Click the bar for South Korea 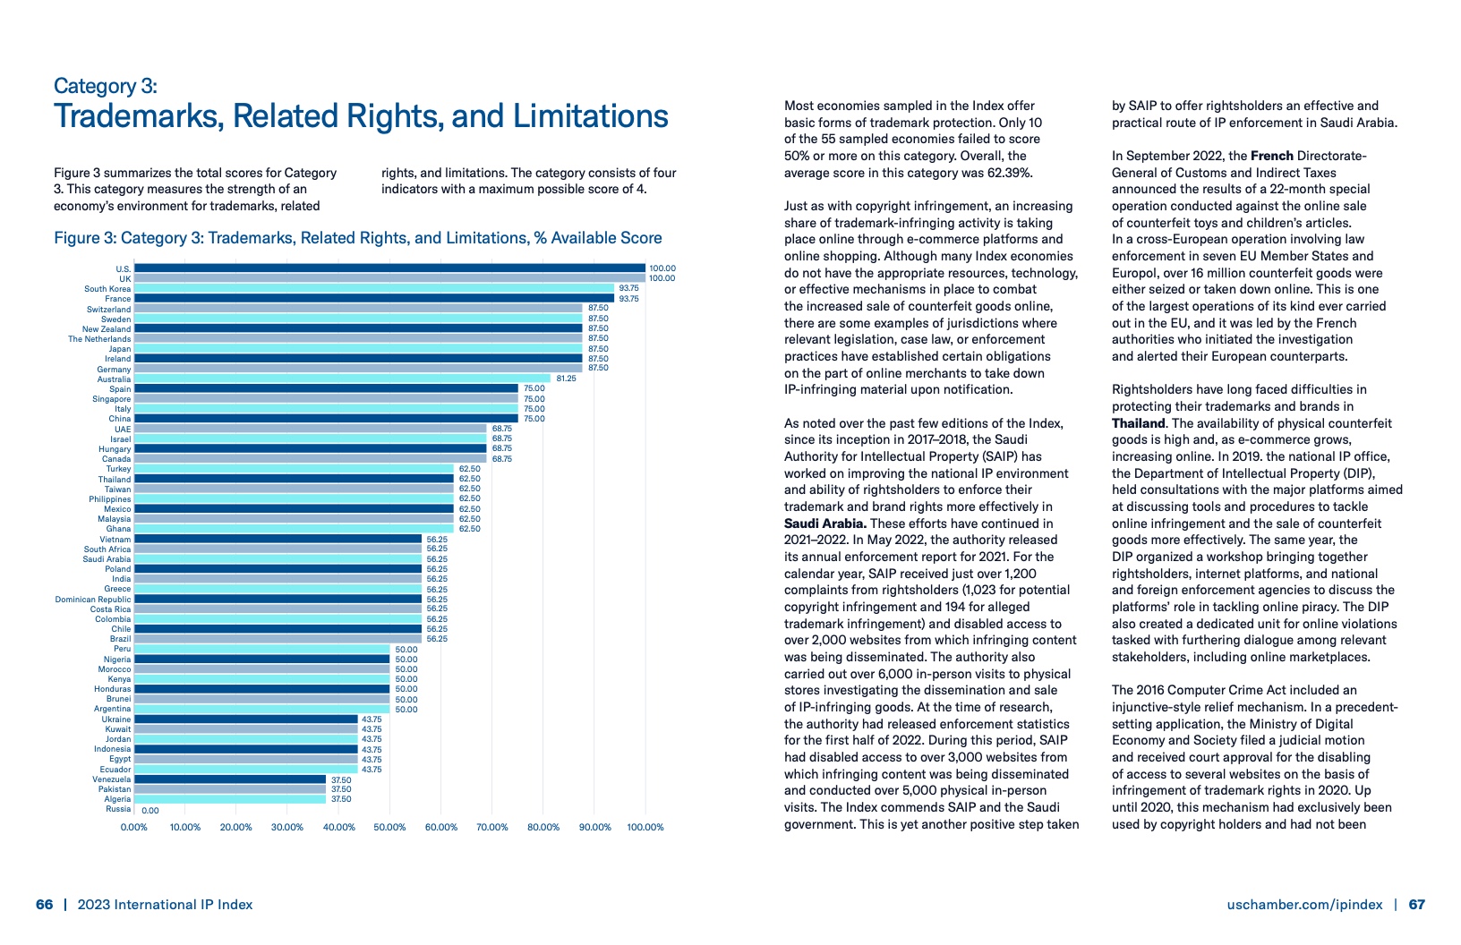(x=373, y=288)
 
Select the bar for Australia (x=342, y=379)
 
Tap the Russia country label (x=118, y=809)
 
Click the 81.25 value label (x=567, y=379)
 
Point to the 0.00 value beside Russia (x=150, y=811)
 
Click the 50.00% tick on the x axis (x=389, y=827)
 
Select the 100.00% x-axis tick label (x=645, y=827)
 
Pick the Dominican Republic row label (x=93, y=600)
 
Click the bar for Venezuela (x=230, y=779)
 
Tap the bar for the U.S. (x=389, y=268)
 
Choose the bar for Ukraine (x=246, y=719)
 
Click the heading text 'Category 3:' (x=106, y=86)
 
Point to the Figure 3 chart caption (x=358, y=238)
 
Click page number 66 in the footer (x=45, y=905)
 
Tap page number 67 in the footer (x=1417, y=905)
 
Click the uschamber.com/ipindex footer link (x=1304, y=905)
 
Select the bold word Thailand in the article (x=1138, y=423)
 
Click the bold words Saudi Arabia (x=824, y=524)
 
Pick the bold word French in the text (x=1271, y=156)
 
